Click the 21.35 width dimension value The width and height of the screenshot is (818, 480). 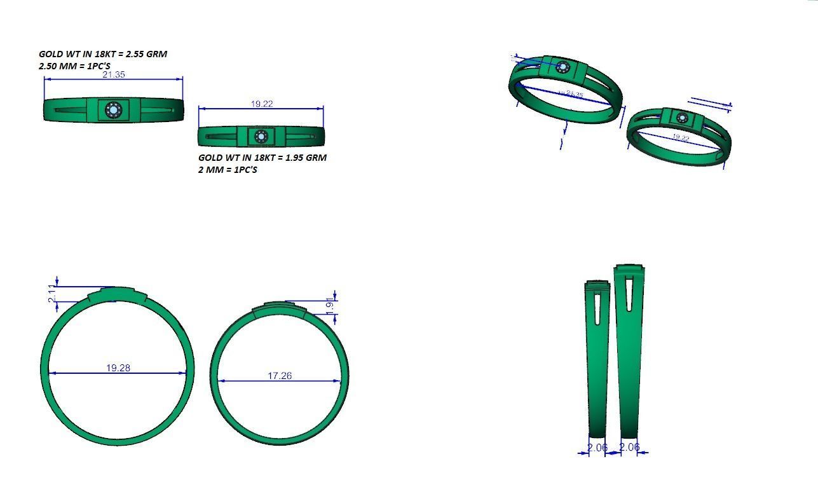pyautogui.click(x=114, y=74)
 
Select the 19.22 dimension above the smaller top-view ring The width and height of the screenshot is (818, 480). pyautogui.click(x=262, y=104)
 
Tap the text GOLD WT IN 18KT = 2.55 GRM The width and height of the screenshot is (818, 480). pyautogui.click(x=103, y=54)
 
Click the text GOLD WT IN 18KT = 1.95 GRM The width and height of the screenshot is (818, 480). pyautogui.click(x=262, y=158)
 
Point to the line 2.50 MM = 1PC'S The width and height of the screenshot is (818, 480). pyautogui.click(x=74, y=65)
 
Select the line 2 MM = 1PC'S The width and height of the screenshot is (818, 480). pyautogui.click(x=228, y=170)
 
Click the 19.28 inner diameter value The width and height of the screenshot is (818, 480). pyautogui.click(x=118, y=367)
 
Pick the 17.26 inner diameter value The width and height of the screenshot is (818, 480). pyautogui.click(x=280, y=376)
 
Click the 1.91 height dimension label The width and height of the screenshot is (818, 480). pyautogui.click(x=329, y=305)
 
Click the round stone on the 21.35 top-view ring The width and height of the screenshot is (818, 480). pyautogui.click(x=113, y=110)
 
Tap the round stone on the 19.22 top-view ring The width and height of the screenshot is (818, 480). pyautogui.click(x=261, y=136)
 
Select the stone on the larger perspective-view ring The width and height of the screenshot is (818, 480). pyautogui.click(x=563, y=67)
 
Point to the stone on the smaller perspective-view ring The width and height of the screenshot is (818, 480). pyautogui.click(x=682, y=118)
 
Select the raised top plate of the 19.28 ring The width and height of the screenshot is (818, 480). pyautogui.click(x=117, y=294)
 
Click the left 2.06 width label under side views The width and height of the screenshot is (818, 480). pyautogui.click(x=597, y=448)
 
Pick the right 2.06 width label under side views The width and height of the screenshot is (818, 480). pyautogui.click(x=629, y=447)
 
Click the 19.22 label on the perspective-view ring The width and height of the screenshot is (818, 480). pyautogui.click(x=680, y=137)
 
